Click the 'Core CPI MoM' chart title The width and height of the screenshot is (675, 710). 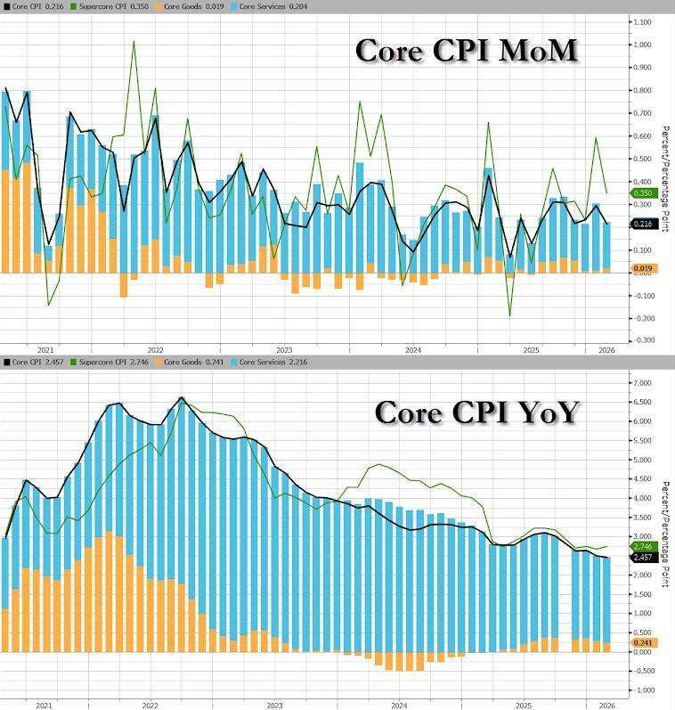click(467, 51)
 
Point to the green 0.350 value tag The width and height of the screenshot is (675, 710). click(643, 193)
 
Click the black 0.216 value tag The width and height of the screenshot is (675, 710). click(643, 224)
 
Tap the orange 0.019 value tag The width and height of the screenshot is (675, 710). click(643, 268)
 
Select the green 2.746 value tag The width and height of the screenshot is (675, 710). click(643, 546)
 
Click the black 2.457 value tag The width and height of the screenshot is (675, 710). click(643, 558)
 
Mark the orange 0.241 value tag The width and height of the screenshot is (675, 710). click(643, 642)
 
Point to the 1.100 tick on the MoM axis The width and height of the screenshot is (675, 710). click(640, 21)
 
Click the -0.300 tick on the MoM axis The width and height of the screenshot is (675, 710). click(640, 340)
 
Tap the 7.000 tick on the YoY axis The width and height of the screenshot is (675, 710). click(640, 383)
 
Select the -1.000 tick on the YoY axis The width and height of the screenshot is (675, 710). click(640, 690)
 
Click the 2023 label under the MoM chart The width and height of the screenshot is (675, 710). click(285, 350)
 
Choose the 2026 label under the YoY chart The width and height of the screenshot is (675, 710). click(606, 704)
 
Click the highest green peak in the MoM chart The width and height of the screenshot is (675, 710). click(134, 41)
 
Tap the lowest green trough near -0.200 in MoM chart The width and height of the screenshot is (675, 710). click(510, 315)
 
